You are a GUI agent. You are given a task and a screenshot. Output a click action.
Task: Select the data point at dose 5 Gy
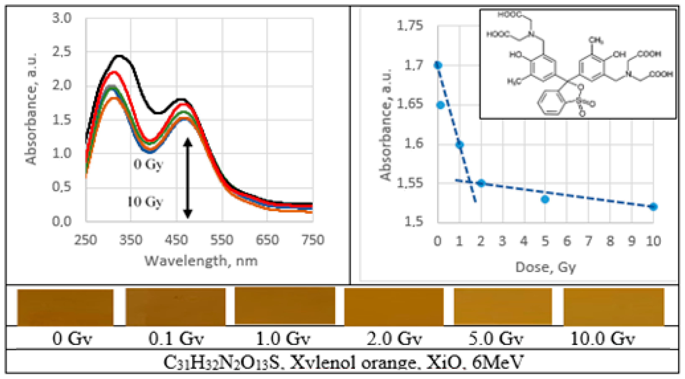tap(545, 199)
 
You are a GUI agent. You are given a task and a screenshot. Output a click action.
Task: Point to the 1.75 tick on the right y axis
tap(410, 26)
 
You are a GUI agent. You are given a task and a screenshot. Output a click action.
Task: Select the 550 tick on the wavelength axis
tap(222, 240)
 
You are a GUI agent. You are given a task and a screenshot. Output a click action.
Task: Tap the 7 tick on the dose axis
tap(588, 241)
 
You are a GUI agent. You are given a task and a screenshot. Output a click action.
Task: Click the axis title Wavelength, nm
tap(201, 261)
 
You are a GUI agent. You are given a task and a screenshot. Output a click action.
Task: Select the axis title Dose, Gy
tap(545, 267)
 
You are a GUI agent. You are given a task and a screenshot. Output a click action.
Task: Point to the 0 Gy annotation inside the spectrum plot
tap(148, 164)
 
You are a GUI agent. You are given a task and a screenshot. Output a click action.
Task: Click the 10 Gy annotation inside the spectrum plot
tap(145, 202)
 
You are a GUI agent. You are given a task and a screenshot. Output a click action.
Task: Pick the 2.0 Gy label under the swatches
tap(394, 339)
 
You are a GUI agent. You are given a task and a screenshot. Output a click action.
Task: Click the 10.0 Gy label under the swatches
tap(602, 339)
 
